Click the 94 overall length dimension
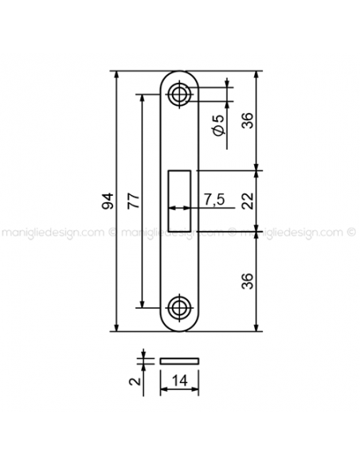tap(108, 201)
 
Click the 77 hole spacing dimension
tap(133, 201)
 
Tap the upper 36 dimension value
tap(248, 120)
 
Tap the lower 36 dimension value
tap(248, 281)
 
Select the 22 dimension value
tap(248, 201)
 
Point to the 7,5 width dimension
tap(214, 199)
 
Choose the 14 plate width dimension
tap(180, 381)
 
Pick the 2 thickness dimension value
tap(135, 381)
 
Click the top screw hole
tap(179, 95)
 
